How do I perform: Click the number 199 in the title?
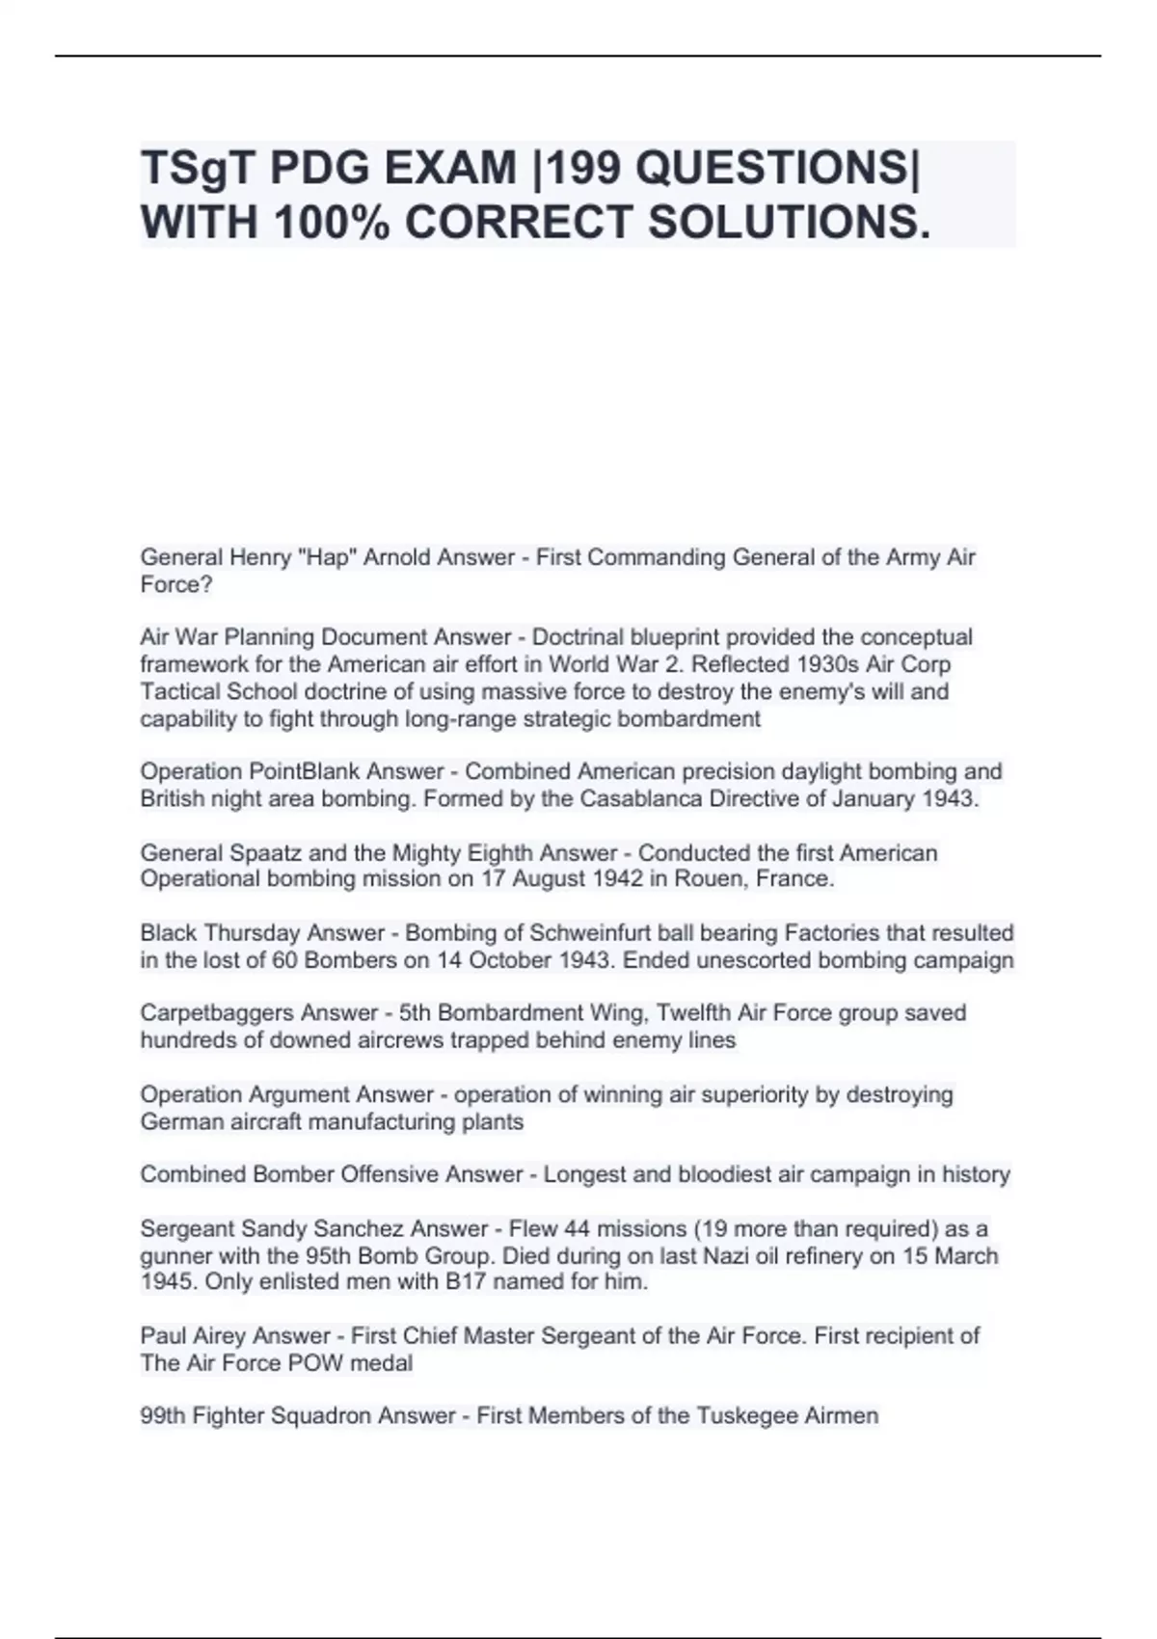(581, 169)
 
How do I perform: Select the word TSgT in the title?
(198, 169)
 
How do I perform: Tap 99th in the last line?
(162, 1416)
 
